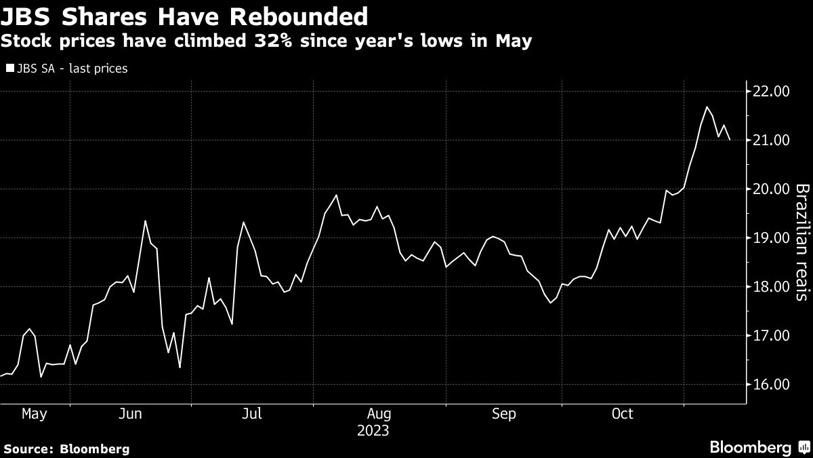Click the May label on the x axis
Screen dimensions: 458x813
pos(34,413)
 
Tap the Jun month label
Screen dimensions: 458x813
pos(129,413)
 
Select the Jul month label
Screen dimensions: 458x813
pos(252,413)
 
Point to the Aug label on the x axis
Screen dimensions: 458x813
pos(379,413)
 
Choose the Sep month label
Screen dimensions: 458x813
pos(504,413)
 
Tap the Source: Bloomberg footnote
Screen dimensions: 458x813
pos(66,449)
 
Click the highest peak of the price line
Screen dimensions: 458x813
pos(707,107)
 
